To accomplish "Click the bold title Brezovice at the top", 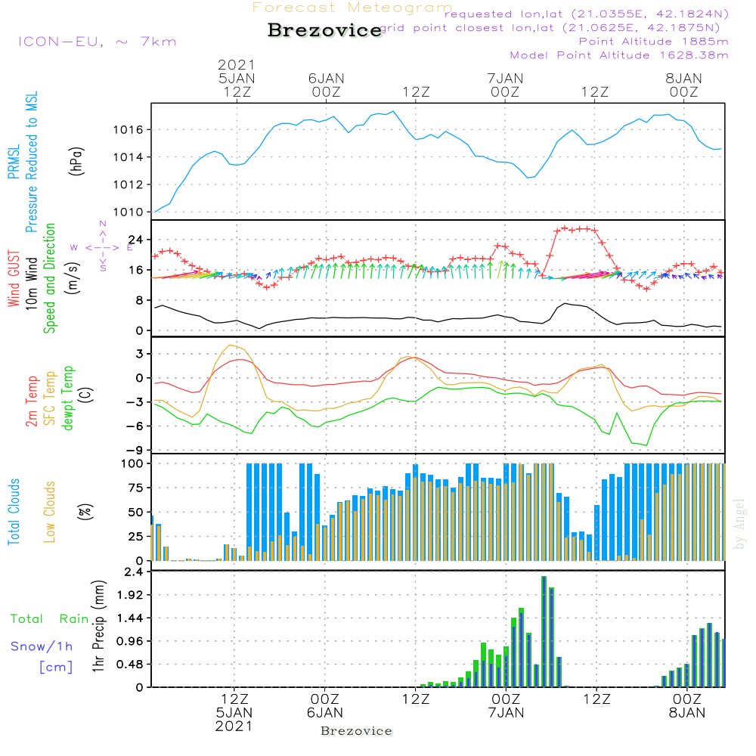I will click(x=325, y=30).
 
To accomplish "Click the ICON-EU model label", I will click(x=97, y=42).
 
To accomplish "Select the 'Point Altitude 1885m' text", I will click(x=653, y=42).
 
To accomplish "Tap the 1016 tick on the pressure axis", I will click(x=130, y=130).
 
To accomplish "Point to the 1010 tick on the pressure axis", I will click(x=130, y=212).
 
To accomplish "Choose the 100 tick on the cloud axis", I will click(x=134, y=463).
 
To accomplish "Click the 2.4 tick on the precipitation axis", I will click(x=135, y=572).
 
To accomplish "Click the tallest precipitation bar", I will click(x=544, y=631).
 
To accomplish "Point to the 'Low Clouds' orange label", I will click(x=50, y=512).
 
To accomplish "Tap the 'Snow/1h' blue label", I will click(x=42, y=646).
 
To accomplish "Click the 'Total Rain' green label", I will click(x=49, y=618).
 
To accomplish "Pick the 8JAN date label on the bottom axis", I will click(x=686, y=712).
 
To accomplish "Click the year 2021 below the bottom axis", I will click(x=234, y=726).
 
